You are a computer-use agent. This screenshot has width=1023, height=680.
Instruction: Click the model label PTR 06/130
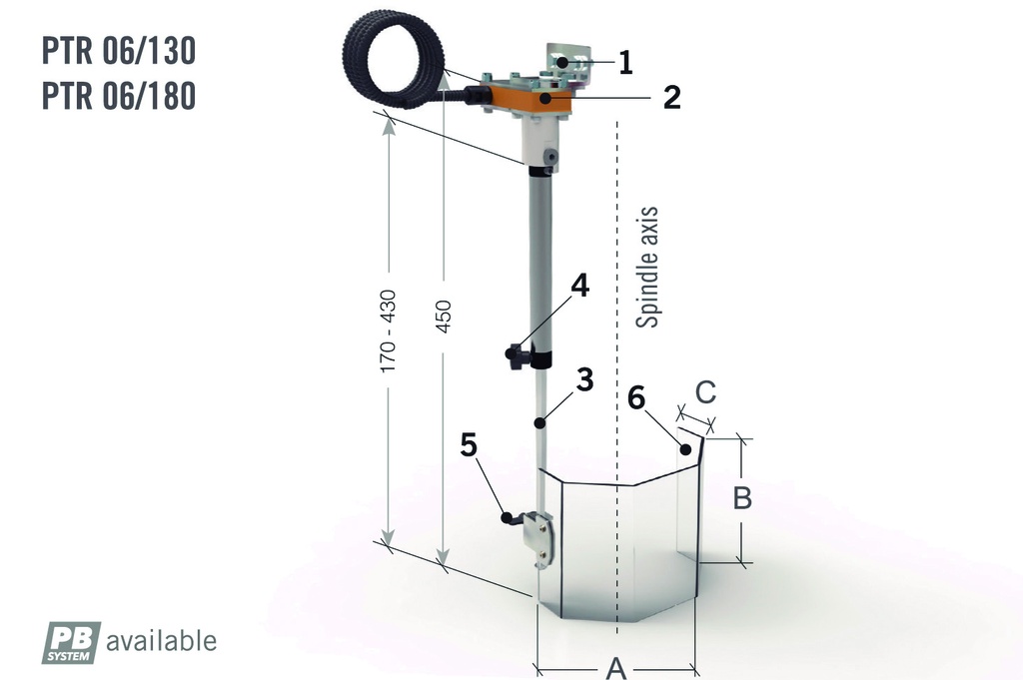pos(119,51)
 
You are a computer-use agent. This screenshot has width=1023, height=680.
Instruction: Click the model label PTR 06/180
pos(119,96)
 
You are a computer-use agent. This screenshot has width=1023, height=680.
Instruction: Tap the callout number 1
pos(625,63)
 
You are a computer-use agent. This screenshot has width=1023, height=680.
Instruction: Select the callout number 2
pos(671,97)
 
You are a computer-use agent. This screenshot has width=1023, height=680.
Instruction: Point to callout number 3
pos(584,380)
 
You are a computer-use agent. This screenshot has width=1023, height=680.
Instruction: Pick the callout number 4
pos(580,286)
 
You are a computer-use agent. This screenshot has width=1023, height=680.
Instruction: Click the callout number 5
pos(469,445)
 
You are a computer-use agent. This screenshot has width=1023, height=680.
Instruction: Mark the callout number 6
pos(636,397)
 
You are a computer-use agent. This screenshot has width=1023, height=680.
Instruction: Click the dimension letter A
pos(615,668)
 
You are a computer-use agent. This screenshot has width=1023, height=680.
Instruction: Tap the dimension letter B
pos(742,497)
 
